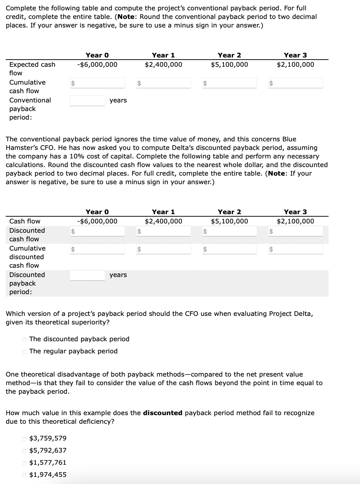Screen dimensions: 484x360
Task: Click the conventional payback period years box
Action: [87, 101]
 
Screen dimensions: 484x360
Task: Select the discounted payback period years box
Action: [87, 275]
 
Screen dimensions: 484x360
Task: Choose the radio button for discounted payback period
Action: [24, 339]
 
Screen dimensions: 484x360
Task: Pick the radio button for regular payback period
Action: [24, 351]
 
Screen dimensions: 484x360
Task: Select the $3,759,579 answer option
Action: [24, 438]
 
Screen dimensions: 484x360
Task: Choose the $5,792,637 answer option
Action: [24, 450]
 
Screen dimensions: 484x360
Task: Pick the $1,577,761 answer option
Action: [24, 463]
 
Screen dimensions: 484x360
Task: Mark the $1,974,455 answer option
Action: [24, 475]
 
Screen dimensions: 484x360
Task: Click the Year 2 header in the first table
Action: [229, 55]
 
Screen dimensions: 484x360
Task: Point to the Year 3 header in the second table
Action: [295, 212]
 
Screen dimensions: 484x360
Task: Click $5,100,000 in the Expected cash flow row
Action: [229, 65]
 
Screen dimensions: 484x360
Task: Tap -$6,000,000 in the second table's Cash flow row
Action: [97, 221]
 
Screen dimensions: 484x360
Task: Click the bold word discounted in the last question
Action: [162, 413]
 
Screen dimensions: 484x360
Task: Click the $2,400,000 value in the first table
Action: [163, 65]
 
